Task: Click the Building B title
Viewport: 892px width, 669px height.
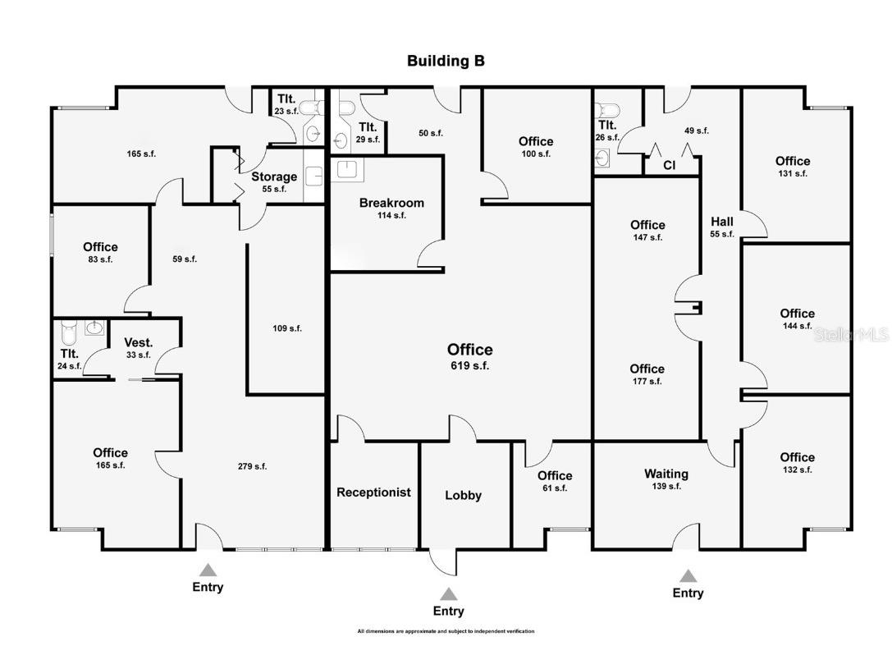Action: (446, 62)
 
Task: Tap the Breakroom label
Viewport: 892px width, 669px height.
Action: (391, 203)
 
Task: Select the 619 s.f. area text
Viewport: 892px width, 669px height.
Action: (470, 366)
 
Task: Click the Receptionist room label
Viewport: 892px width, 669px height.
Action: (373, 493)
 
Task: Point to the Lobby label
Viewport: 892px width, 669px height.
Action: (464, 496)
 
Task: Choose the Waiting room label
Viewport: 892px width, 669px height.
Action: (666, 474)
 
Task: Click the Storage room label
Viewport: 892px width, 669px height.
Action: (274, 177)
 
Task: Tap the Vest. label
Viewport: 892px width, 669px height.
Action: (139, 343)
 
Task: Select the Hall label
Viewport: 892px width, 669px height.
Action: (722, 222)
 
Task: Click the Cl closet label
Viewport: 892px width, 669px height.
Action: (670, 166)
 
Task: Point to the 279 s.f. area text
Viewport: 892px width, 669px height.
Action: (253, 466)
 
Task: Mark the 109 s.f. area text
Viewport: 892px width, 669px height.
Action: (287, 328)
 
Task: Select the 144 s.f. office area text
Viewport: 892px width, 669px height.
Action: (797, 326)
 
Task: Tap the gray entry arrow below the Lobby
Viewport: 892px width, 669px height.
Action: (448, 593)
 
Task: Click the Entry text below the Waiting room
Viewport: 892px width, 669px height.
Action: (688, 593)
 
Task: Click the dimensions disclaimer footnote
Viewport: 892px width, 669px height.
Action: (446, 631)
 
